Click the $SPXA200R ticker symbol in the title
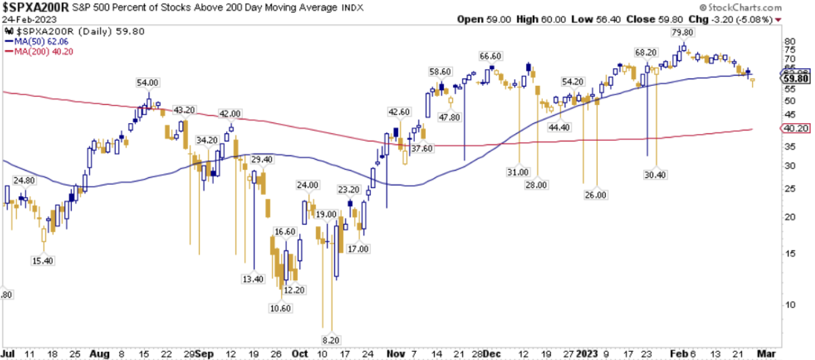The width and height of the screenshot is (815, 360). [35, 7]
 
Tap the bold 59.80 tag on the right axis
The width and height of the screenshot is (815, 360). [796, 79]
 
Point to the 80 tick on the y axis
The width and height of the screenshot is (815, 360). [789, 41]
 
